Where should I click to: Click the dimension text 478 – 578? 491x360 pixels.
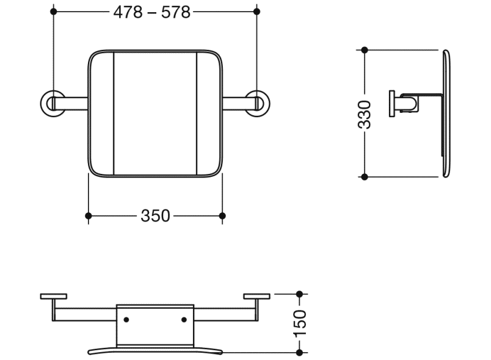click(151, 12)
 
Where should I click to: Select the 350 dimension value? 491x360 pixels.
click(155, 215)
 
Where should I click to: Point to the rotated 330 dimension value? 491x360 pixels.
click(365, 114)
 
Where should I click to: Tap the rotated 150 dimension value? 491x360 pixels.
click(300, 323)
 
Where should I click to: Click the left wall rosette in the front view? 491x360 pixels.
click(52, 103)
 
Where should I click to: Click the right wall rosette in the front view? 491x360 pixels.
click(256, 103)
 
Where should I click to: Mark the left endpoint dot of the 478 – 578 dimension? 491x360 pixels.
click(54, 12)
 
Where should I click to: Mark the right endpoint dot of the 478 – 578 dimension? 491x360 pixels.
click(256, 12)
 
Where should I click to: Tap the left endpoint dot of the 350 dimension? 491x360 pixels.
click(89, 215)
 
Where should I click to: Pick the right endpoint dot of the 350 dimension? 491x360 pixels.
click(222, 215)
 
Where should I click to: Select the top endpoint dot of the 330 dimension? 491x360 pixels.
click(365, 50)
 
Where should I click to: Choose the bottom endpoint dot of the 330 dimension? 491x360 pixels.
click(365, 177)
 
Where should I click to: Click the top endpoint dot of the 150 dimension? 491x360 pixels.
click(299, 295)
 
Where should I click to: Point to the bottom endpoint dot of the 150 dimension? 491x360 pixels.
click(299, 352)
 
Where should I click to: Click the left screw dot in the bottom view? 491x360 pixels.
click(126, 320)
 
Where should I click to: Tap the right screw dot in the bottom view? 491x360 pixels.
click(184, 320)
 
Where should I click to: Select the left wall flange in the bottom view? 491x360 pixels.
click(54, 297)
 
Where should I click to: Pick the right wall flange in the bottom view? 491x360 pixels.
click(256, 297)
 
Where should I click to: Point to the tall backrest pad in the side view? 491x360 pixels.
click(445, 114)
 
